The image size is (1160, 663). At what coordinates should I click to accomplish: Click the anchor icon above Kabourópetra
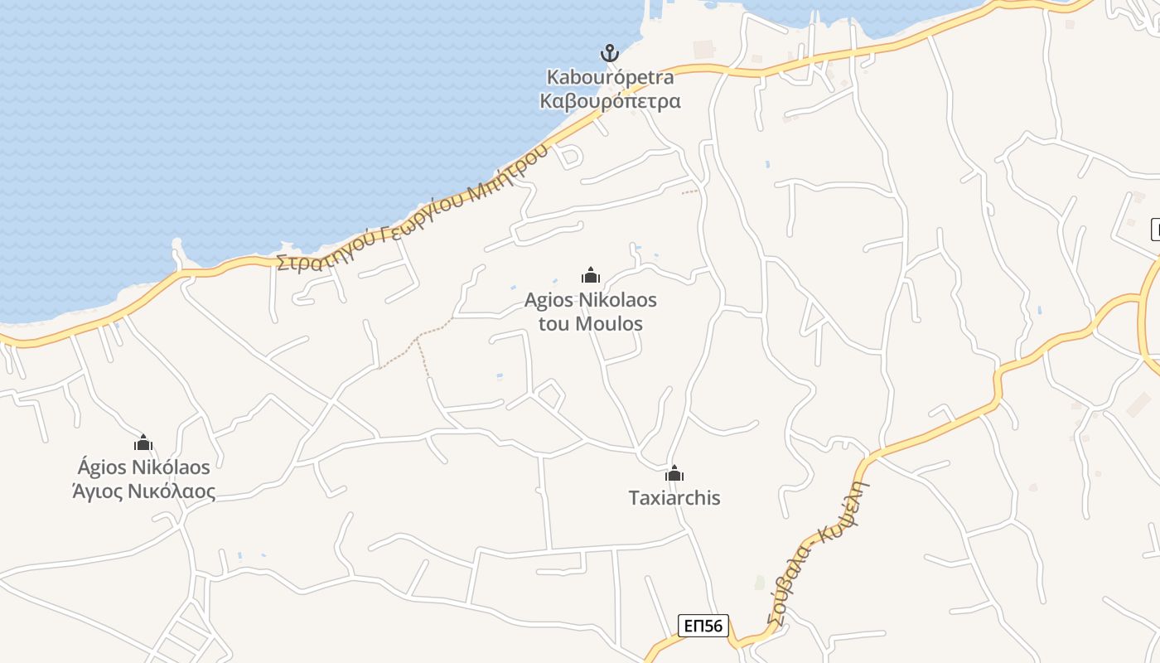click(610, 54)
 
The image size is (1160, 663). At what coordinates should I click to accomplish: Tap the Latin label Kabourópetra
click(610, 78)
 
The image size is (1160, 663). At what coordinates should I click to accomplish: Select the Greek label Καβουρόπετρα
click(610, 101)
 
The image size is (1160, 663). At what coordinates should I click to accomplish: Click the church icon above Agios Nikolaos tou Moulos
click(591, 275)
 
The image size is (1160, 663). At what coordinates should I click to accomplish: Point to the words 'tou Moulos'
click(591, 323)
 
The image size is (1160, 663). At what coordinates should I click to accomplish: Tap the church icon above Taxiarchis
click(674, 474)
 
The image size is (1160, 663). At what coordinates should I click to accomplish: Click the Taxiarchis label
click(674, 498)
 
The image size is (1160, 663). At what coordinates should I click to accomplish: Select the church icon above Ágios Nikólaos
click(143, 443)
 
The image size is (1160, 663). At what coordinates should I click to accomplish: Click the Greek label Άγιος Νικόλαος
click(143, 491)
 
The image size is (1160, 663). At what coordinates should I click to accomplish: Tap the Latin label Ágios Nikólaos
click(143, 467)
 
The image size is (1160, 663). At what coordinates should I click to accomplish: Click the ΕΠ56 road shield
click(703, 626)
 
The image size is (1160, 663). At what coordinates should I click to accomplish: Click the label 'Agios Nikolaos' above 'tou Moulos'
click(591, 299)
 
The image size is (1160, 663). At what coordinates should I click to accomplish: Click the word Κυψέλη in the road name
click(852, 508)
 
